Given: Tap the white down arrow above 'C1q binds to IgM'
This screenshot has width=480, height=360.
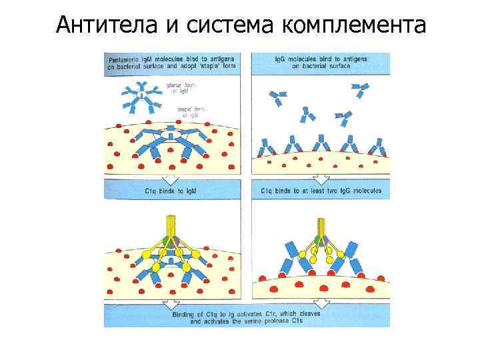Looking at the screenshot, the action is pyautogui.click(x=171, y=179).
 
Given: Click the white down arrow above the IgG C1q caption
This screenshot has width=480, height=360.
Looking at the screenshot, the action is pyautogui.click(x=321, y=179).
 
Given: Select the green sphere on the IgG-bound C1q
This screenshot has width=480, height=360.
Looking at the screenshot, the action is pyautogui.click(x=316, y=240).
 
